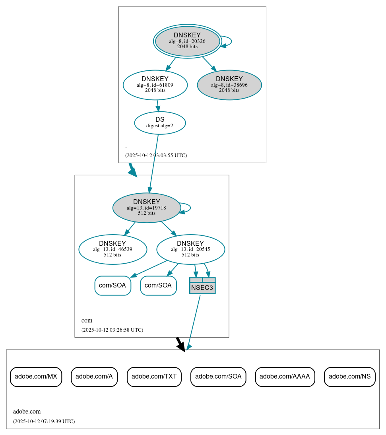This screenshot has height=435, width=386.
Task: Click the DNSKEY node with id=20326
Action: click(x=187, y=41)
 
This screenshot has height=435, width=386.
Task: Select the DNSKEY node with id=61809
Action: click(x=155, y=85)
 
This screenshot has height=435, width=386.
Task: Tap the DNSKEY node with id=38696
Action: click(x=229, y=85)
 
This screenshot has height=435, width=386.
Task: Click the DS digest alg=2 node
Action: click(x=160, y=123)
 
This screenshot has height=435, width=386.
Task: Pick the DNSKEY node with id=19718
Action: click(x=147, y=208)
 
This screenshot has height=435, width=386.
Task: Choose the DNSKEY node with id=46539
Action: click(x=113, y=249)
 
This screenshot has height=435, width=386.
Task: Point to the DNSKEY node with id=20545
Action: click(x=190, y=249)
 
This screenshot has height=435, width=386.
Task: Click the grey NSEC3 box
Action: click(x=202, y=286)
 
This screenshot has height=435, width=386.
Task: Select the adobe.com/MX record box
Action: click(x=36, y=377)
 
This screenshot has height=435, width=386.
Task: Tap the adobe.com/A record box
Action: click(x=94, y=377)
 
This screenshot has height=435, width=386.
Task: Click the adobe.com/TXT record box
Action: click(x=154, y=377)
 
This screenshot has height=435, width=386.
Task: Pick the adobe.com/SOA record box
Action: click(x=218, y=377)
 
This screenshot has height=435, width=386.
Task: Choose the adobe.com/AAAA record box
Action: click(x=285, y=377)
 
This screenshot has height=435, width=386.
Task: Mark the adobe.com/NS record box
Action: click(x=349, y=377)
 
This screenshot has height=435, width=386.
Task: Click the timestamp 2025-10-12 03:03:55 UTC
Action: click(x=156, y=155)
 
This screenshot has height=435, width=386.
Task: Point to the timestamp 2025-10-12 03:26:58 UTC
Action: click(x=112, y=330)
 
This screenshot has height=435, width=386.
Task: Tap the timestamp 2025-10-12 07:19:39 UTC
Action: click(x=44, y=421)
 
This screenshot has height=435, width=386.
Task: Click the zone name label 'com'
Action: click(x=87, y=320)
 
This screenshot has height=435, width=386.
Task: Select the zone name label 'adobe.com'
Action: click(x=27, y=412)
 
